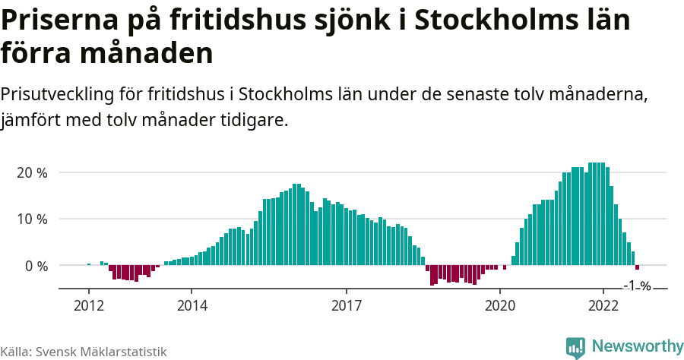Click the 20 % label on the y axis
tap(32, 172)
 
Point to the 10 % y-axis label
tap(32, 219)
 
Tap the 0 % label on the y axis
tap(36, 266)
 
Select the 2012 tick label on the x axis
tap(88, 305)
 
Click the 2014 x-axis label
tap(192, 305)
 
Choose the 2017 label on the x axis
tap(347, 305)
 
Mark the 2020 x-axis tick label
tap(500, 305)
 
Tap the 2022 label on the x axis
tap(603, 305)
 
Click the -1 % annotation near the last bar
tap(637, 286)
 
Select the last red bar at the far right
tap(638, 268)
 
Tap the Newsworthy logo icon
tap(576, 347)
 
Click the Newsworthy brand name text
tap(637, 346)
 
